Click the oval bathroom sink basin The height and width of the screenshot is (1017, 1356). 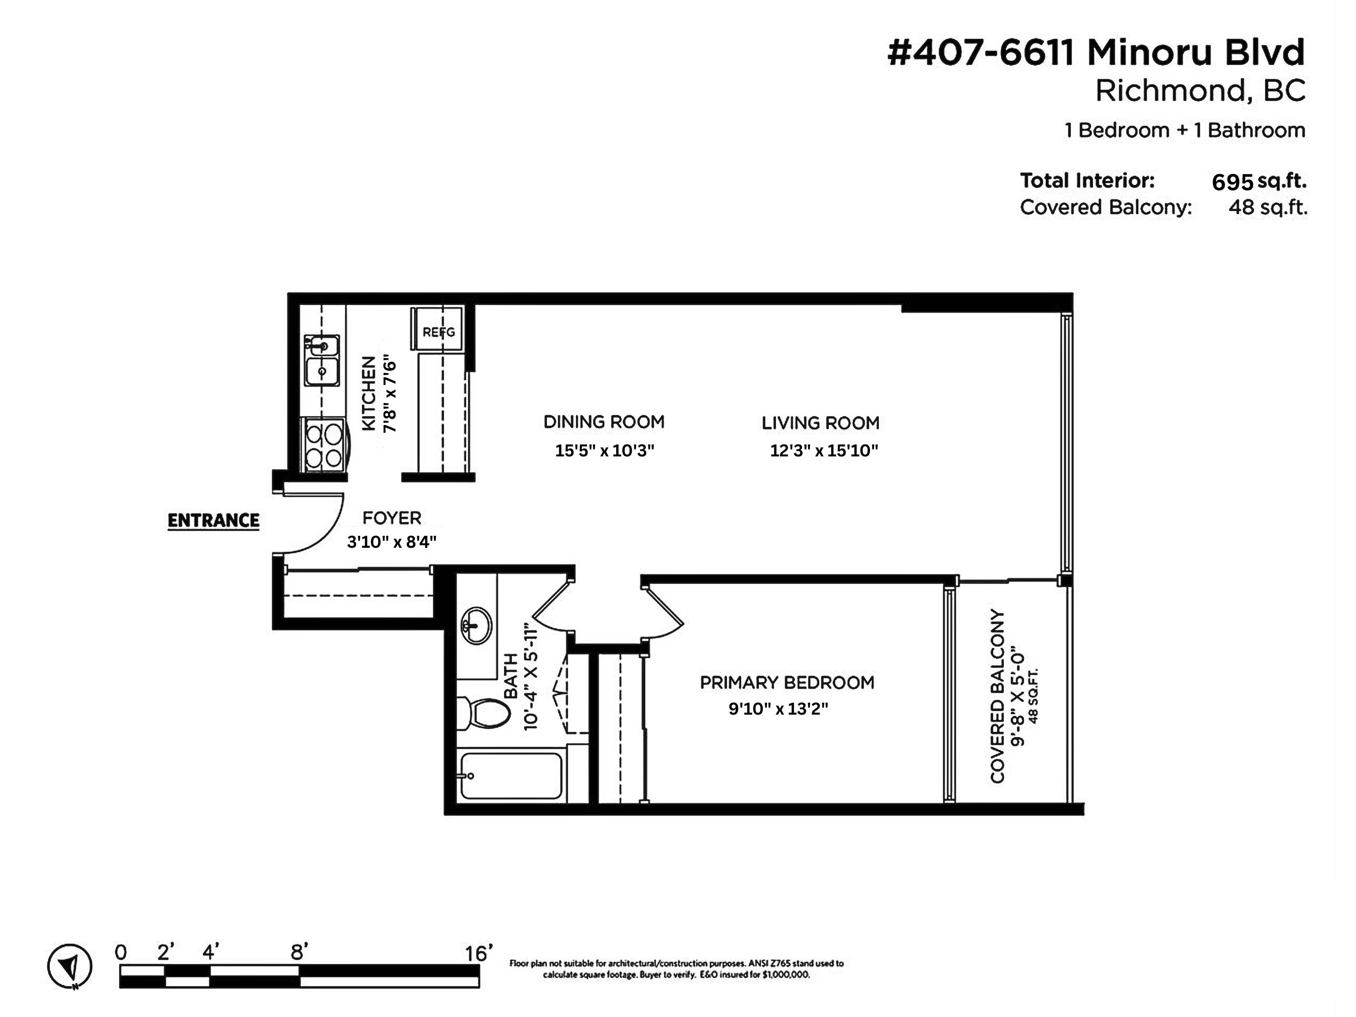(x=476, y=625)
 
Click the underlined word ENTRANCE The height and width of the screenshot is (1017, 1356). (x=213, y=520)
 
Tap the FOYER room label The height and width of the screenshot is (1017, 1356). (x=392, y=518)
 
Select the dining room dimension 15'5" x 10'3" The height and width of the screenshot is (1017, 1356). (x=604, y=451)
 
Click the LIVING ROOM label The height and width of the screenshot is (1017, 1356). (x=820, y=422)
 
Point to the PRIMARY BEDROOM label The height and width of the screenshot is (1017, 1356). (x=787, y=682)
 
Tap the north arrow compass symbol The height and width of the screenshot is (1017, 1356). (x=70, y=967)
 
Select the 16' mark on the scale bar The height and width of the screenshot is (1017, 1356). (x=478, y=953)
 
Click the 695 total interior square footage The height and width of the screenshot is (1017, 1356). (x=1232, y=182)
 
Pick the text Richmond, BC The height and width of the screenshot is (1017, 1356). (x=1200, y=91)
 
